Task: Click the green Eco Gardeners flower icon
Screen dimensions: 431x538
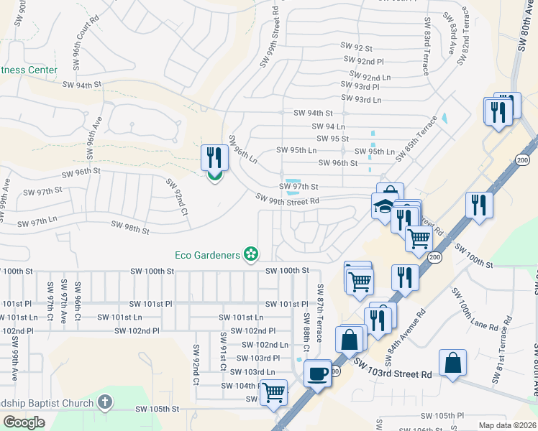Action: [251, 254]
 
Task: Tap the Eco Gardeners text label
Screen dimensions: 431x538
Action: [208, 254]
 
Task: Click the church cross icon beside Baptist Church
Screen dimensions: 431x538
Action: [105, 402]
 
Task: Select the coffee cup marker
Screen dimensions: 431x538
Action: [317, 374]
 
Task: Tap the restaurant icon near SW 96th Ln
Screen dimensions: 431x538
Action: [214, 157]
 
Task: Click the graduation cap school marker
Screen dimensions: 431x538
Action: [385, 205]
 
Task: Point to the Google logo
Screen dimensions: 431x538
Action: [24, 422]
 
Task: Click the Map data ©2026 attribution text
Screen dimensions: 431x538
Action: [507, 425]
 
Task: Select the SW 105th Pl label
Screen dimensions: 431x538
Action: [443, 416]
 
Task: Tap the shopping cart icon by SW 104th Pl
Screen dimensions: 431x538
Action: [273, 392]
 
